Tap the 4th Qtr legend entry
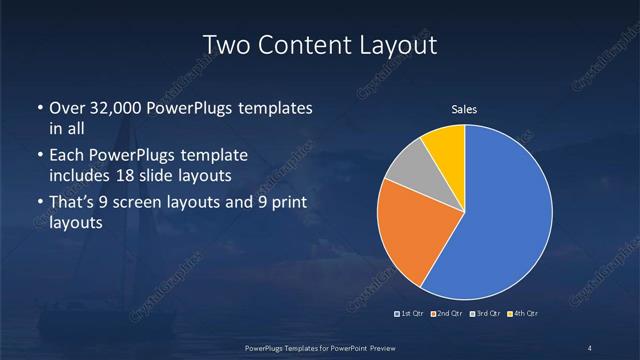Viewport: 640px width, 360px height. pos(524,315)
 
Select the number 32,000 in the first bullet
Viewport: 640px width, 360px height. pos(121,108)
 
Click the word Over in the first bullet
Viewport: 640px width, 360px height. pos(67,108)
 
